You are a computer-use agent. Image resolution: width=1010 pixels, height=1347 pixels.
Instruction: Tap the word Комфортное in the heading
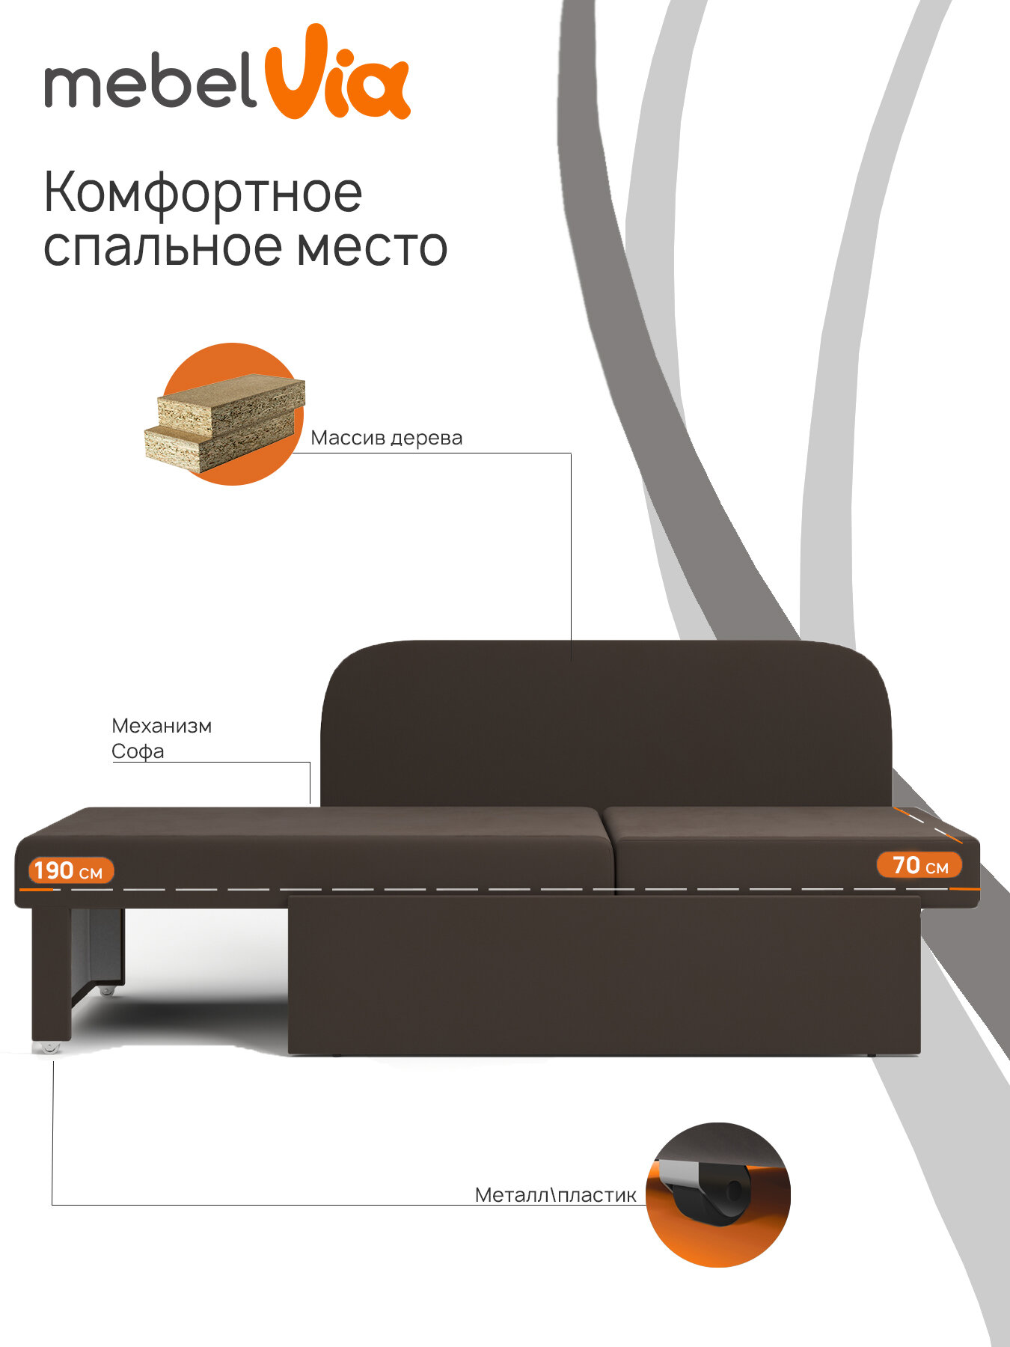pos(203,192)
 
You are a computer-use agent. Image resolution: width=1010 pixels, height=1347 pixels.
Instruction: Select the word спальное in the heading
pos(162,248)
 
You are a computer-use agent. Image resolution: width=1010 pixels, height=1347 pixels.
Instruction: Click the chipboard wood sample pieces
pos(224,423)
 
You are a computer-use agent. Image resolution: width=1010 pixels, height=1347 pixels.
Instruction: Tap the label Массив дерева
pos(386,438)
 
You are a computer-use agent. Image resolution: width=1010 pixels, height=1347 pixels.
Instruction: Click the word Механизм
pos(162,726)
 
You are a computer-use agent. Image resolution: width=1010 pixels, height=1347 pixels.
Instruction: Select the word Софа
pos(138,751)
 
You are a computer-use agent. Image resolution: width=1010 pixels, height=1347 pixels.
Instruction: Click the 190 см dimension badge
pos(70,870)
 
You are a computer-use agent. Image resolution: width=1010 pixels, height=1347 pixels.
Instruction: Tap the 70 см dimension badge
pos(919,865)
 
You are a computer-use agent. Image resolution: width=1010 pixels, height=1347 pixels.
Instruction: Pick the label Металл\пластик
pos(555,1195)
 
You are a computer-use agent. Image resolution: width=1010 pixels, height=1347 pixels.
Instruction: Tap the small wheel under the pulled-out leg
pos(49,1047)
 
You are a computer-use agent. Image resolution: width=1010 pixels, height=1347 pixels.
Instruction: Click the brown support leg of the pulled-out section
pos(51,973)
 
